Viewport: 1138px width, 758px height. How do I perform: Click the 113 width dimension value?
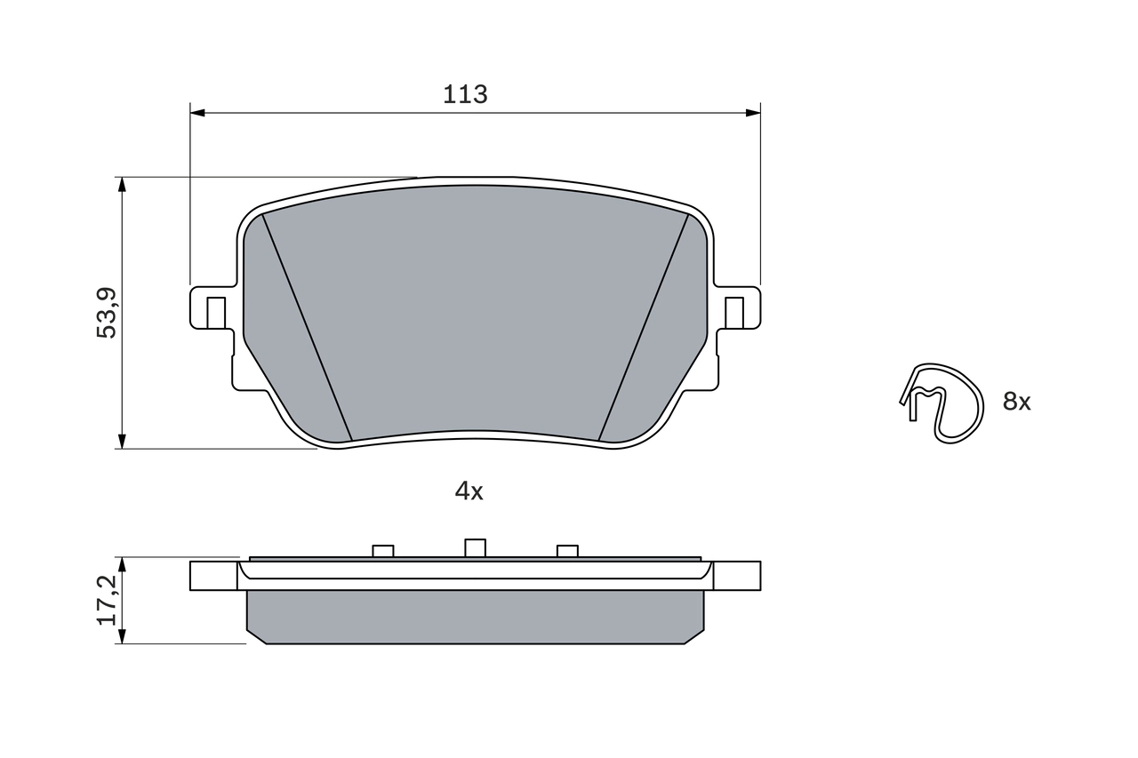click(x=466, y=94)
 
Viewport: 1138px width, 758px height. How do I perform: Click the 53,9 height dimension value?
click(x=107, y=312)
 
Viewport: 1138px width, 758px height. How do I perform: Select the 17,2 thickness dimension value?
click(x=107, y=599)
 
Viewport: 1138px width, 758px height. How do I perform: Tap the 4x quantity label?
click(x=469, y=491)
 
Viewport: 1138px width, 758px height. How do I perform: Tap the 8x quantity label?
click(x=1016, y=402)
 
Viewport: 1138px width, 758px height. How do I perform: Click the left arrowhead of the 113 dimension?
click(x=197, y=113)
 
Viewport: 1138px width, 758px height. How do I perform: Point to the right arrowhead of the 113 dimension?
click(x=753, y=113)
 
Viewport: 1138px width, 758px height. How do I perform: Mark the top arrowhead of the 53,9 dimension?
click(x=122, y=184)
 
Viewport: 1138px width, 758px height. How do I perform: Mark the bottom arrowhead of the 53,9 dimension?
click(x=122, y=441)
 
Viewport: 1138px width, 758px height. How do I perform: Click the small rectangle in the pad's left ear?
click(x=215, y=312)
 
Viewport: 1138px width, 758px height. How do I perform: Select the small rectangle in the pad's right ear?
click(x=733, y=312)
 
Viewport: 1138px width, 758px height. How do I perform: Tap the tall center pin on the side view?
click(x=475, y=547)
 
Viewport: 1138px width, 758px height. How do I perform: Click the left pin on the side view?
click(x=382, y=551)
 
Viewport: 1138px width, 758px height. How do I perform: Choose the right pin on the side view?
click(x=567, y=551)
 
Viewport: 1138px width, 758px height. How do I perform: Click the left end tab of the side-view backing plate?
click(x=213, y=576)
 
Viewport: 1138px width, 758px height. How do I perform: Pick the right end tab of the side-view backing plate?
click(x=736, y=576)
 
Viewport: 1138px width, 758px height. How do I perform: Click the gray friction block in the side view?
click(x=475, y=617)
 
